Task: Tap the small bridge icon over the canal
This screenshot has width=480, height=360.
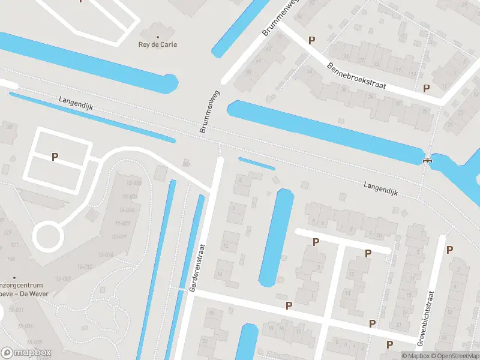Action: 427,160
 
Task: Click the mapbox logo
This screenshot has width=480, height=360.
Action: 26,352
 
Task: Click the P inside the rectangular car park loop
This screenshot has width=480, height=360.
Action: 55,157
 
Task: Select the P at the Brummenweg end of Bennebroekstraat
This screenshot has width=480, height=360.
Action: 311,40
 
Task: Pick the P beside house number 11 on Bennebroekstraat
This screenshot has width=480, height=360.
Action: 427,88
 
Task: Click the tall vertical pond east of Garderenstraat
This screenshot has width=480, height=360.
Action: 275,237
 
